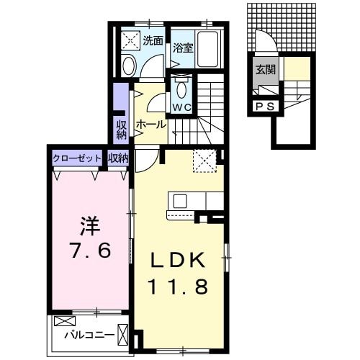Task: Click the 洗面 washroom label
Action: [152, 41]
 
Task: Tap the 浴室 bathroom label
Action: [184, 48]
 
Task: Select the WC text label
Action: [181, 107]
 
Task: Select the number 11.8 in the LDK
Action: [179, 287]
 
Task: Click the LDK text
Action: [179, 259]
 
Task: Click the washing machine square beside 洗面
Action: [130, 40]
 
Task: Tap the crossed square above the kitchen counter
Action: [204, 160]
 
